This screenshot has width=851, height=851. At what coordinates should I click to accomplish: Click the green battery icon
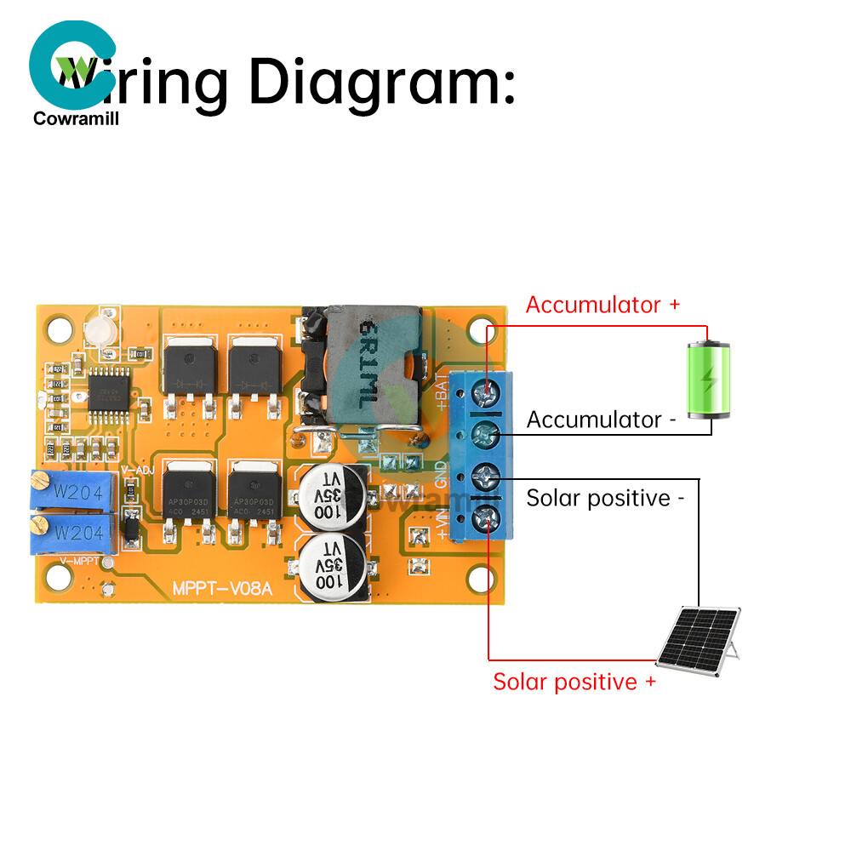[709, 380]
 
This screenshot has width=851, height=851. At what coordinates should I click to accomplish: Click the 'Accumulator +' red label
[603, 305]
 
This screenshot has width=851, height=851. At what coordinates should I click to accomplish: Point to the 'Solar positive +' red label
[574, 682]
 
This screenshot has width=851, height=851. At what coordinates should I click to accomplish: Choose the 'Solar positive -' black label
[605, 498]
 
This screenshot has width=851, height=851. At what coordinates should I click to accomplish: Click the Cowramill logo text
[77, 119]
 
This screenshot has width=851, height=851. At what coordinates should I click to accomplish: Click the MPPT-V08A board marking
[222, 588]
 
